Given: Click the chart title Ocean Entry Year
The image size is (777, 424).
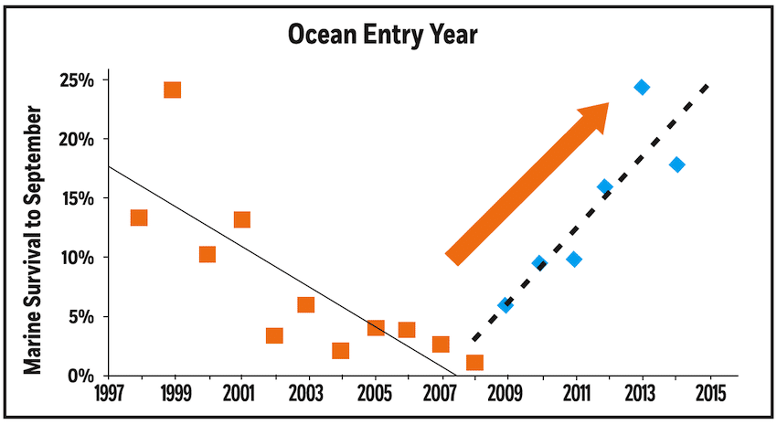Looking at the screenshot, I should [388, 35].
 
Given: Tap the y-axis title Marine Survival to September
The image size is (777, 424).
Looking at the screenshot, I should [34, 239].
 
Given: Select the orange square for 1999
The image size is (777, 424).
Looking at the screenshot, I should [172, 90].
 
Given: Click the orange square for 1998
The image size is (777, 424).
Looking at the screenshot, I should [139, 217].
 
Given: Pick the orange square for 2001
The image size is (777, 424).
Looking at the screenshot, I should [241, 219].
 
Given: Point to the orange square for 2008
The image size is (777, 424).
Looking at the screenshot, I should [474, 363].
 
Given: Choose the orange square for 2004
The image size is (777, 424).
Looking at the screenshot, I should [340, 351].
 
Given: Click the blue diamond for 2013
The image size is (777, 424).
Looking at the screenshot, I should [642, 88].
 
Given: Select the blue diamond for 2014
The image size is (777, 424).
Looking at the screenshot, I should [676, 164].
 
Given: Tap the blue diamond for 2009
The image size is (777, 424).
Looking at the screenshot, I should [506, 305].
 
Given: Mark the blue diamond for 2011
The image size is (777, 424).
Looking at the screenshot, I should [574, 260].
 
